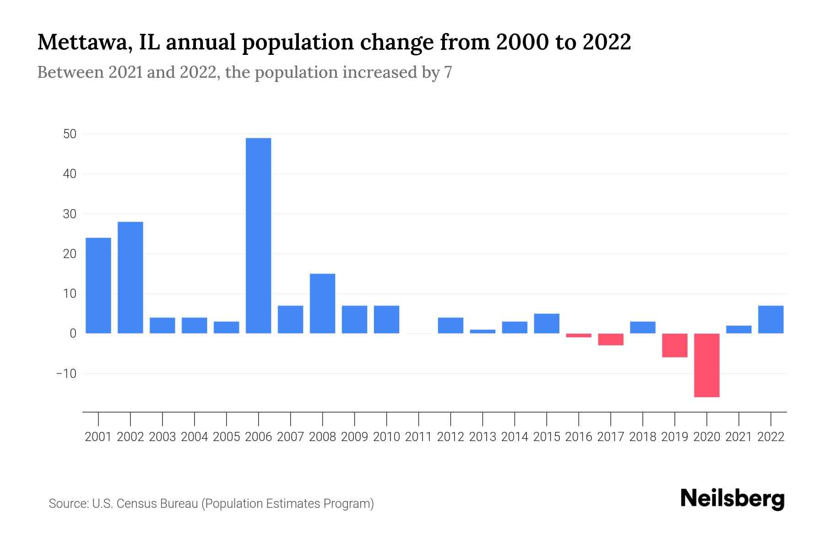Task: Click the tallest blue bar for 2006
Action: click(x=258, y=236)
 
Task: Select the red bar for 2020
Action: click(x=706, y=365)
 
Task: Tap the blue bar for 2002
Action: click(x=130, y=277)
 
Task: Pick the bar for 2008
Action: click(x=322, y=303)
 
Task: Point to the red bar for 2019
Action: click(x=674, y=345)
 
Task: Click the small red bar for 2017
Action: click(x=610, y=339)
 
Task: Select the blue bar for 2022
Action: click(x=770, y=319)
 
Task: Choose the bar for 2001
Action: click(x=98, y=285)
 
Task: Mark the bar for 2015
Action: click(x=547, y=323)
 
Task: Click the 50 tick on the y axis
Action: click(x=70, y=134)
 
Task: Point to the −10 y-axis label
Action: click(x=66, y=373)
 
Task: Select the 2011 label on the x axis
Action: click(x=418, y=437)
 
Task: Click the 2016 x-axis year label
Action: click(x=579, y=437)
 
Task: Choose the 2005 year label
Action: click(x=227, y=437)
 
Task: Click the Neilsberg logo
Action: click(x=732, y=499)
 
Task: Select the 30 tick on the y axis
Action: click(x=70, y=214)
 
